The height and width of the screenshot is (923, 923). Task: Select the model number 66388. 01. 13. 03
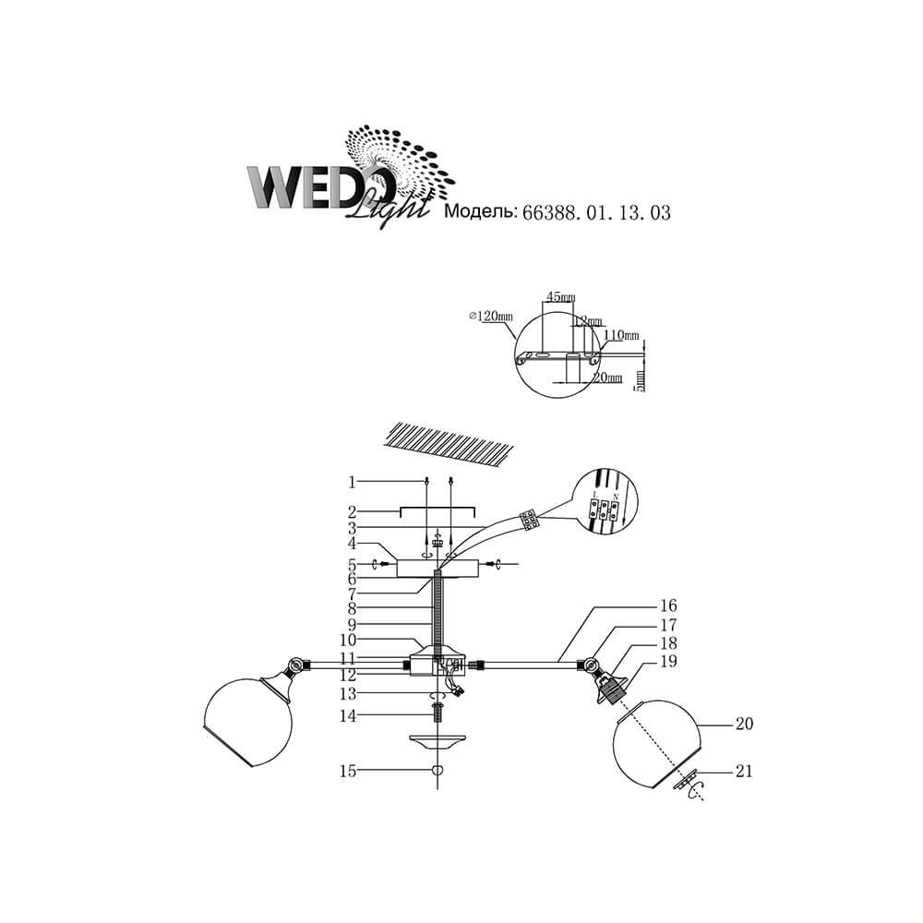(x=595, y=211)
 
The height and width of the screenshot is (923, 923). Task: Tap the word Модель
(x=480, y=211)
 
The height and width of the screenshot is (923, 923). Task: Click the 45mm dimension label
(x=560, y=297)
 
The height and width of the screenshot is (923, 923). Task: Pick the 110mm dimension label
(x=621, y=334)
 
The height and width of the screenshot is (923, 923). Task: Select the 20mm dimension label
(x=606, y=378)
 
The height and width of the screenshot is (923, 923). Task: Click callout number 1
(x=352, y=481)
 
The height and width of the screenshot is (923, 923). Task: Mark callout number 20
(x=744, y=725)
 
